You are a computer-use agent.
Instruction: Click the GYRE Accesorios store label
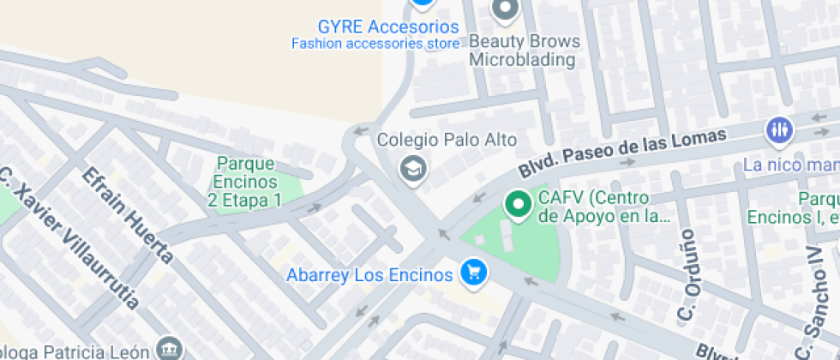point(388,26)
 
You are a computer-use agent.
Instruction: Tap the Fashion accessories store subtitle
point(375,43)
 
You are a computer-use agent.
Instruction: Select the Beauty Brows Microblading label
point(524,51)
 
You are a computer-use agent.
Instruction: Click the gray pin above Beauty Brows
point(505,9)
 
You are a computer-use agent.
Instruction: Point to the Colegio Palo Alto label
point(447,140)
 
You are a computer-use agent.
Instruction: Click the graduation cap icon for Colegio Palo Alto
point(413,170)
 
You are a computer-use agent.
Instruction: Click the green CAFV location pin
point(517,205)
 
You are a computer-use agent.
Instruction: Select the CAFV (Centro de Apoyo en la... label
point(603,206)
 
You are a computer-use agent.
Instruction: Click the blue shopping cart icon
point(472,274)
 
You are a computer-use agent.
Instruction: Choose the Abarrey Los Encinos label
point(369,275)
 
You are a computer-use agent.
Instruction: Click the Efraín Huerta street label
point(128,214)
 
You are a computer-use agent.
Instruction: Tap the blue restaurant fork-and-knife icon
point(779,130)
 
